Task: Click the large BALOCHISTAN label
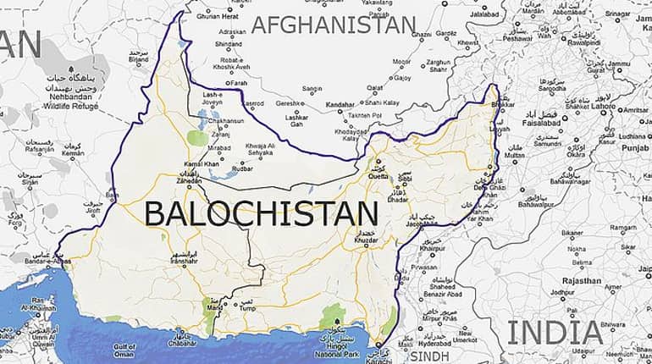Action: click(261, 212)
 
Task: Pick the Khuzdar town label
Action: click(356, 240)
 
